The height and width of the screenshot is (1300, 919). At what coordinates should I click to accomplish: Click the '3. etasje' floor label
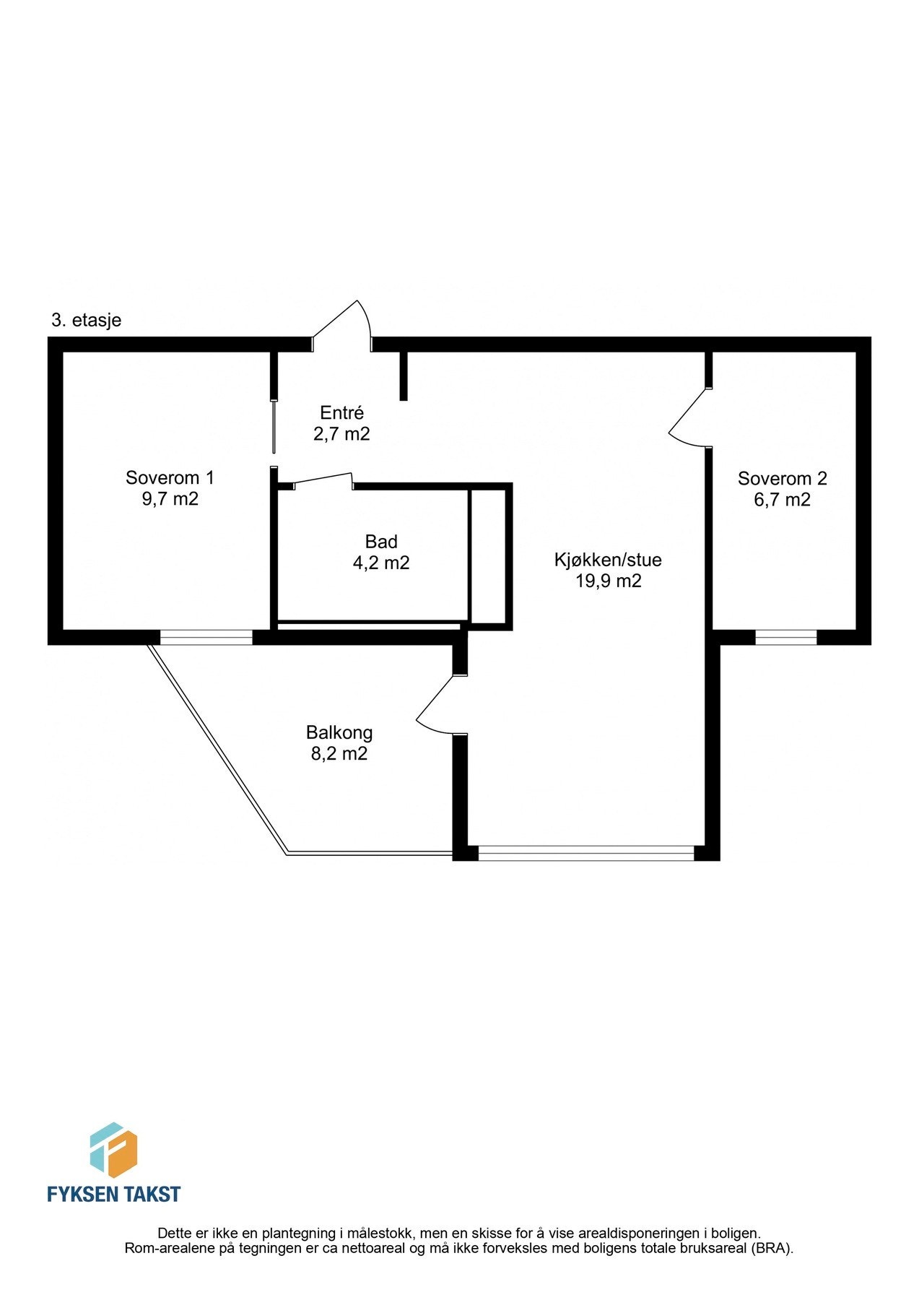coord(86,320)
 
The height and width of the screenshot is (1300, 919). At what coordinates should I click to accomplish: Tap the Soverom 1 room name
coord(170,477)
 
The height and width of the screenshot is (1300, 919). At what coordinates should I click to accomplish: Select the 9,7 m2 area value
coord(170,499)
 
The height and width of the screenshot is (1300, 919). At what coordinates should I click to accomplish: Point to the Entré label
coord(341,413)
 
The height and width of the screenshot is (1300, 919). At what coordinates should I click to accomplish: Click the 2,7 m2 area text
coord(341,434)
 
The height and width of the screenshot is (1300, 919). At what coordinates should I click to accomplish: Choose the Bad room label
coord(380,542)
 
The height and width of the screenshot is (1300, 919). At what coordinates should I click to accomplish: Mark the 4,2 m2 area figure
coord(380,563)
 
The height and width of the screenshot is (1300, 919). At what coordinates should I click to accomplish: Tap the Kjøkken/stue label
coord(608,560)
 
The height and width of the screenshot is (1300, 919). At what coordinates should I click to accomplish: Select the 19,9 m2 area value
coord(608,581)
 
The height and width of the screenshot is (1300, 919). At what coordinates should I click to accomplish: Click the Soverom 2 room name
coord(782,478)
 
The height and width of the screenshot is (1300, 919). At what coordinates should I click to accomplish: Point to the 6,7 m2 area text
coord(782,500)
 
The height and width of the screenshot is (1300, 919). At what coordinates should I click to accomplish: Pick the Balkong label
coord(339,732)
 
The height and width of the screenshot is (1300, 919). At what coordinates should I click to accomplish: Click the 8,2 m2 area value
coord(339,754)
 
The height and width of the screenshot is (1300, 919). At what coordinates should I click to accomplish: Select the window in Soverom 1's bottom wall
coord(206,637)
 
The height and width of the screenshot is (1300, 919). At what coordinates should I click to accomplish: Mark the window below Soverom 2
coord(785,637)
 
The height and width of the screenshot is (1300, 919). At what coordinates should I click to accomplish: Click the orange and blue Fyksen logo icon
coord(113,1150)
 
